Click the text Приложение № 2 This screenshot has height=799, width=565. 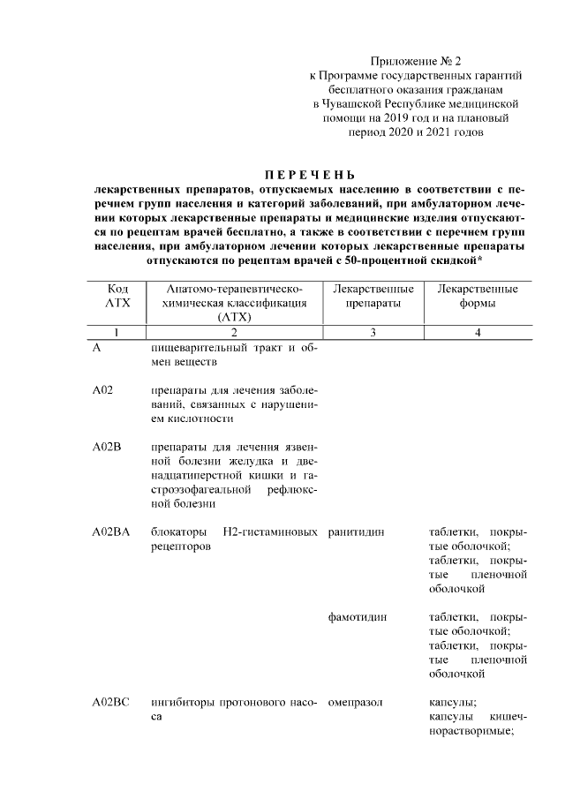click(416, 62)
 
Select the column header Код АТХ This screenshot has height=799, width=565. click(117, 297)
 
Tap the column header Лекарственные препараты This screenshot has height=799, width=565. click(373, 297)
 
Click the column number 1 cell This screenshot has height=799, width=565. click(117, 332)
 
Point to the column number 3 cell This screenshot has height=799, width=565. click(373, 332)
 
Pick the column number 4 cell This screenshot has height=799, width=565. click(477, 332)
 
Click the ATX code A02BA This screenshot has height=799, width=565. click(111, 531)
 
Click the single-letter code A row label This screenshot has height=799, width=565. click(96, 347)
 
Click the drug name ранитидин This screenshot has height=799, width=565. click(355, 531)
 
